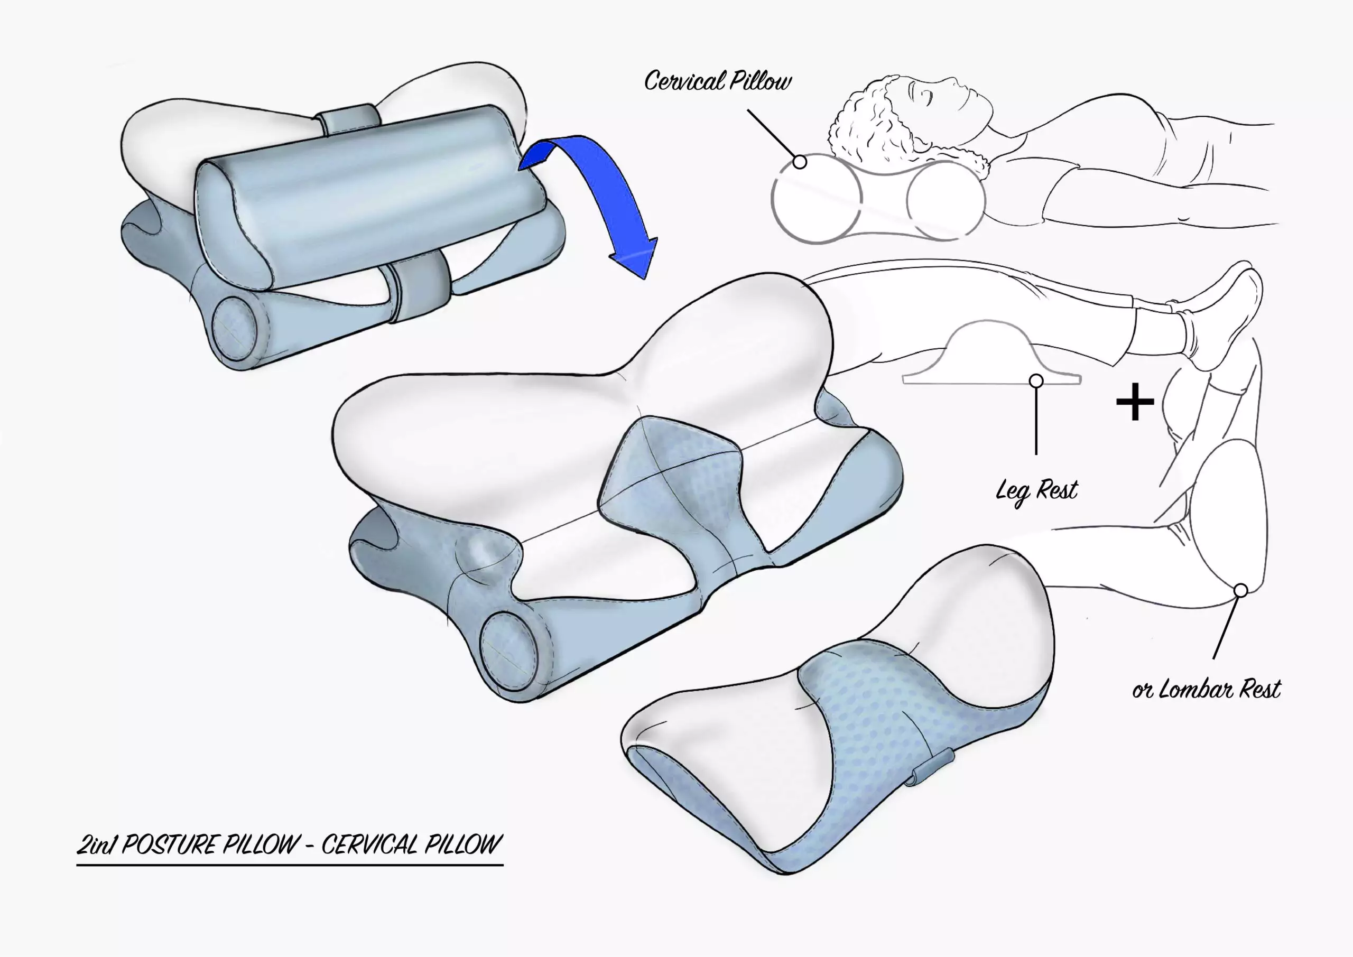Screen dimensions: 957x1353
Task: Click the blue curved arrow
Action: click(613, 194)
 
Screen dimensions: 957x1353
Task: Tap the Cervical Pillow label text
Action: click(717, 81)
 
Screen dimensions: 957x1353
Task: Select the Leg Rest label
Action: click(1036, 490)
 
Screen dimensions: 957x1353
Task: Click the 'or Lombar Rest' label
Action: click(1206, 689)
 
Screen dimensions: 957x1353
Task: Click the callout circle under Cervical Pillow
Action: click(800, 162)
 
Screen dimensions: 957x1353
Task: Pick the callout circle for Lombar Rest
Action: click(1240, 590)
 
